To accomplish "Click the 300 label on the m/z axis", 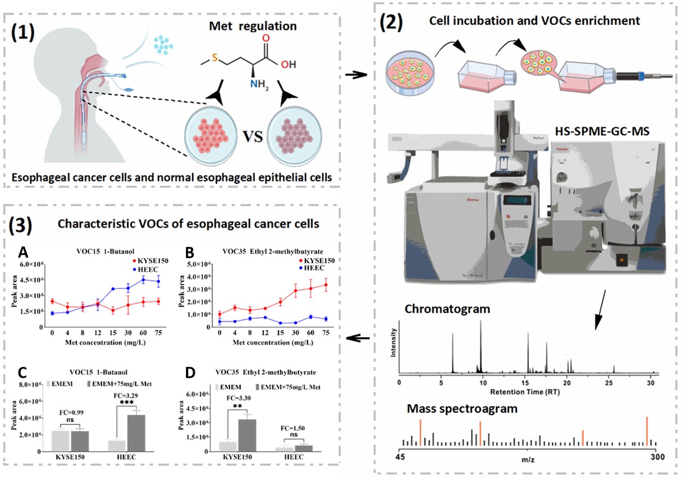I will pos(648,455).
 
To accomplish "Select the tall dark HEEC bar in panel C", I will pos(129,433).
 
